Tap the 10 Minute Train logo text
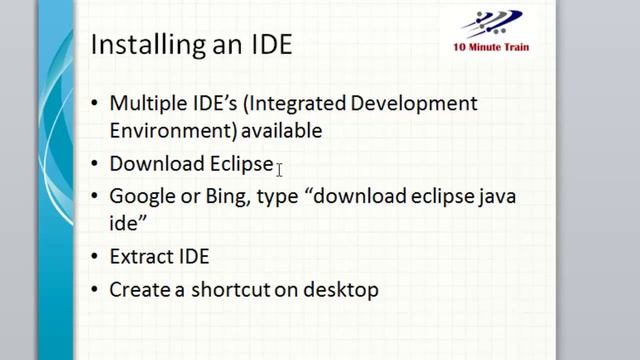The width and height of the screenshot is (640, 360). [x=491, y=47]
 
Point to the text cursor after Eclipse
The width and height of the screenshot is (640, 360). [x=281, y=167]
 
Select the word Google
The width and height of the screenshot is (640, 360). [x=140, y=196]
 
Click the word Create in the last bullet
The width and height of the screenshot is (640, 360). [x=137, y=290]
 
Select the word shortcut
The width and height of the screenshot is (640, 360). [x=219, y=290]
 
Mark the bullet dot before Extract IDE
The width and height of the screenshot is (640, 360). [x=95, y=258]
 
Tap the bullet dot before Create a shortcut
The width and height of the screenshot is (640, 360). [x=95, y=291]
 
